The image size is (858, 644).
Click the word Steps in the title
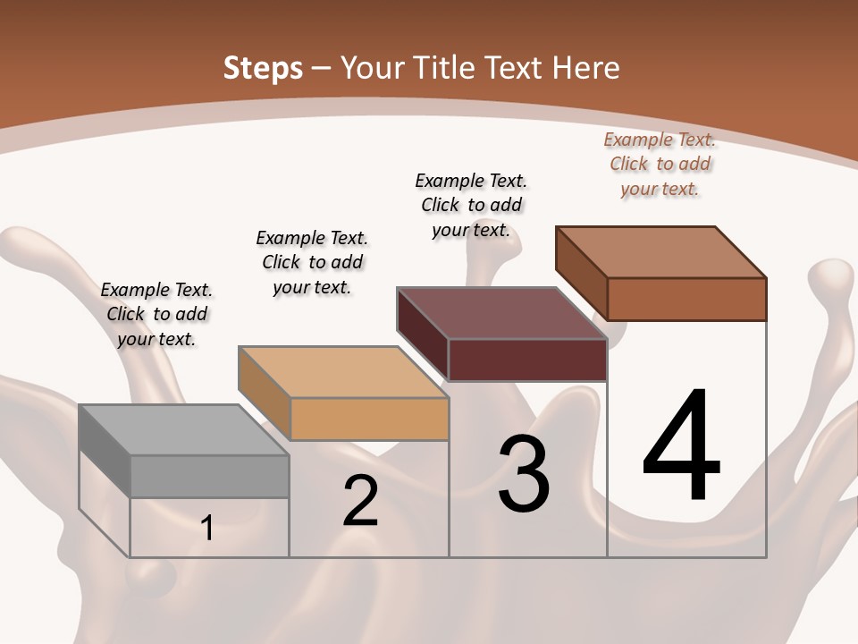pos(263,68)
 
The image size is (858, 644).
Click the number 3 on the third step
pos(524,474)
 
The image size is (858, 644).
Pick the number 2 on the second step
pos(360,501)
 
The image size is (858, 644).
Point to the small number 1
pos(207,528)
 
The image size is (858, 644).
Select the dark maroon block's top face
pos(501,313)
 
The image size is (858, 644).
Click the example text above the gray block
pos(156,314)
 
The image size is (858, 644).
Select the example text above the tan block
pos(312,262)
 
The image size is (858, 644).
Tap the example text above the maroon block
pos(471,205)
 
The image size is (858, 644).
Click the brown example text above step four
pos(660,164)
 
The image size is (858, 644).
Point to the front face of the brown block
pos(686,299)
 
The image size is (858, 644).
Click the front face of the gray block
pos(209,476)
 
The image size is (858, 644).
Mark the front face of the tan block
pos(369,419)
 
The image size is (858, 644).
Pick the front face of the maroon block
pos(527,360)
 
